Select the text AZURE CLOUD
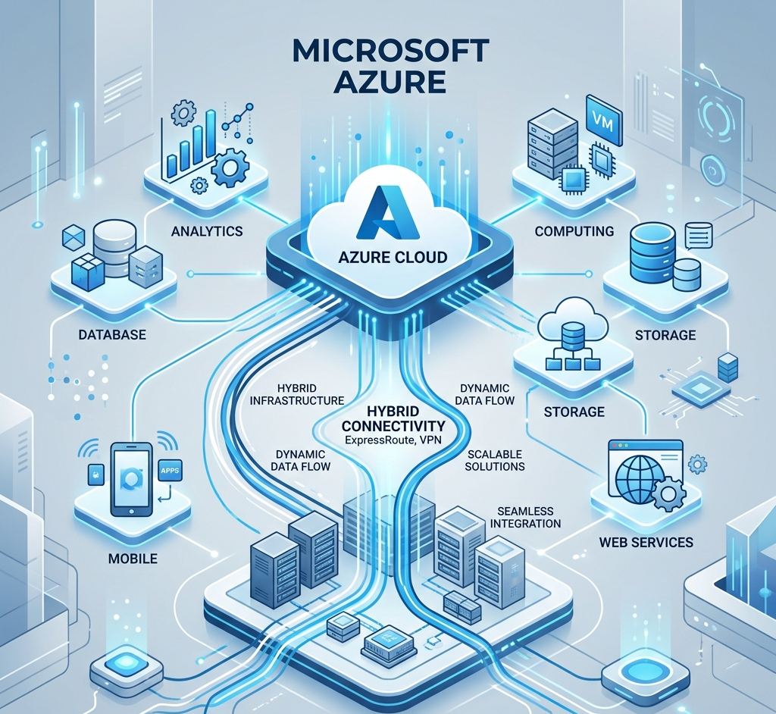click(x=393, y=257)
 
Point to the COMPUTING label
click(x=574, y=230)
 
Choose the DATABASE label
click(x=111, y=334)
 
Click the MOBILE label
click(x=133, y=559)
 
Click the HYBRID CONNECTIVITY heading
click(x=394, y=418)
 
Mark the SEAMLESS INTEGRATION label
click(x=525, y=518)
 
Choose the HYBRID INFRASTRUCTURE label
click(x=296, y=393)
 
